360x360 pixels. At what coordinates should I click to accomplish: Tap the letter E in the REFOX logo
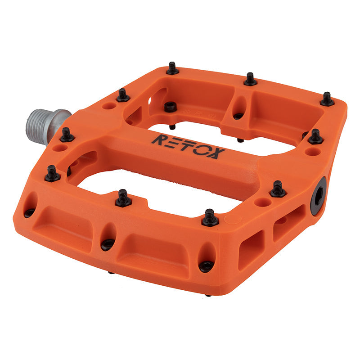point(173,142)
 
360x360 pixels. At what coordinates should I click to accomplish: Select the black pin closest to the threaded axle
point(67,135)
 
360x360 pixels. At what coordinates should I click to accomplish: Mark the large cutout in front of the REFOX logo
point(148,189)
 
